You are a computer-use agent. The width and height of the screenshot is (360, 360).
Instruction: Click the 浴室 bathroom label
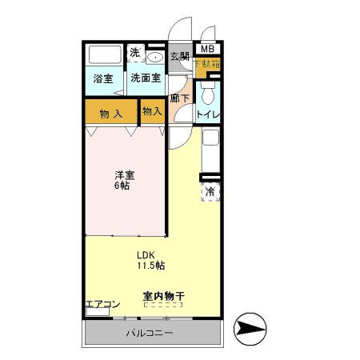102,78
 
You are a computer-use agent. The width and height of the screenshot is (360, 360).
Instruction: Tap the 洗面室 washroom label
146,78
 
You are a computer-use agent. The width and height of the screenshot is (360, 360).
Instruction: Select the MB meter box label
206,50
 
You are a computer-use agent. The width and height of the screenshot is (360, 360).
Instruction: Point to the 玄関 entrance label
179,56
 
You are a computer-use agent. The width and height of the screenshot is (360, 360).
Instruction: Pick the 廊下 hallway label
179,99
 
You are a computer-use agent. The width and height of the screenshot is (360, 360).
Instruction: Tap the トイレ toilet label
209,114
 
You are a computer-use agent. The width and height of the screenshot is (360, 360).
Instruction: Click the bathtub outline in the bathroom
103,57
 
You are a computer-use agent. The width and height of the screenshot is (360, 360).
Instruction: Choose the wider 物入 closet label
110,114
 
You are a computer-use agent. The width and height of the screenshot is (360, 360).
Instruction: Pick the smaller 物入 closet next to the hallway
152,111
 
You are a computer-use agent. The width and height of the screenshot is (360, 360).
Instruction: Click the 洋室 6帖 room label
122,180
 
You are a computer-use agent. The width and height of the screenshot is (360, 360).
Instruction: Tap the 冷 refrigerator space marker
210,192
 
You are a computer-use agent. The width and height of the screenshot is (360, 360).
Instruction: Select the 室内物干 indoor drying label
163,297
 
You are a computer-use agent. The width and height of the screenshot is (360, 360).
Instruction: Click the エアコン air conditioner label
102,304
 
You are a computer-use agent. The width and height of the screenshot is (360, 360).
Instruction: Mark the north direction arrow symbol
250,330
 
